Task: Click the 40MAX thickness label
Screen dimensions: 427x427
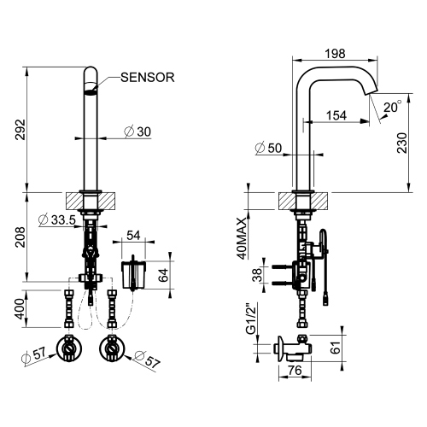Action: pos(243,236)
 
